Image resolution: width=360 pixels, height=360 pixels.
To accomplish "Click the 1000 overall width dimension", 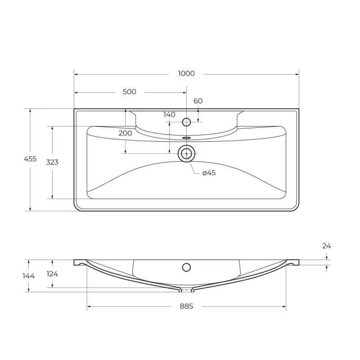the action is coord(186,73).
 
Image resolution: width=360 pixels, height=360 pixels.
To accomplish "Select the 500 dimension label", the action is coord(130,92).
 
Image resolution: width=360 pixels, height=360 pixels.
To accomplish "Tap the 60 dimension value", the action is coord(198,101).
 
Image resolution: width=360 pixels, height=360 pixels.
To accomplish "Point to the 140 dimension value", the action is coord(170,115).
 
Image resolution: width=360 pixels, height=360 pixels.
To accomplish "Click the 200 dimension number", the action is coord(126,133).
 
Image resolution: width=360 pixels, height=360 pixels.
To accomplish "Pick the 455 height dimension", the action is coord(30,159).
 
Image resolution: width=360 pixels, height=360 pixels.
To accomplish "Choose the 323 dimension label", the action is coord(52,162).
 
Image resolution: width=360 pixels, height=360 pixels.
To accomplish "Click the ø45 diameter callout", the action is coord(209,173).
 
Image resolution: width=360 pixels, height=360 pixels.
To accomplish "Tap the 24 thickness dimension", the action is coord(327,246).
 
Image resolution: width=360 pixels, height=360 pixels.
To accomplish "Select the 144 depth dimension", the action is coord(28,276).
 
